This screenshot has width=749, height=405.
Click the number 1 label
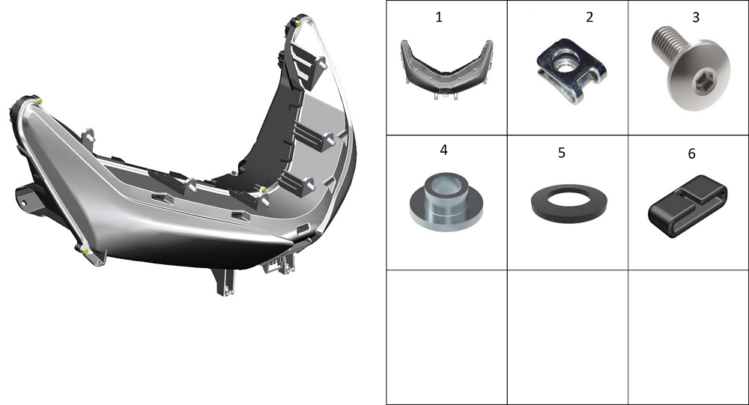438,17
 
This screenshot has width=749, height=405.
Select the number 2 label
589,17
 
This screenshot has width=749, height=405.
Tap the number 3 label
696,17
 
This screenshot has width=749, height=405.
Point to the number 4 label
443,150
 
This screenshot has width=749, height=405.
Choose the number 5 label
562,153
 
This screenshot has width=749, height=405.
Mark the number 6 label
691,153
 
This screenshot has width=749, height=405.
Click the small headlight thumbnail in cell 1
446,70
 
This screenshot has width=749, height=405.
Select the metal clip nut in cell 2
571,70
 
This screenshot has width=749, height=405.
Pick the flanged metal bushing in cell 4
446,201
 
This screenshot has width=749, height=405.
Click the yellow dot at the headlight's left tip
39,101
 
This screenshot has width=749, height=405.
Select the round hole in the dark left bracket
22,204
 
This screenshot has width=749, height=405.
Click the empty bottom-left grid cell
446,337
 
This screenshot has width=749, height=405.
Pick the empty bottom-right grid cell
688,337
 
